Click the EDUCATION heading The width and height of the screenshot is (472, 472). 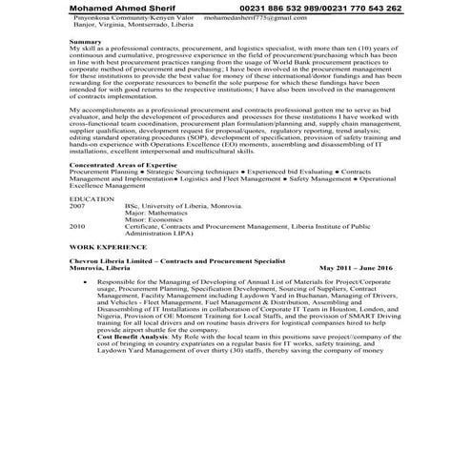click(92, 198)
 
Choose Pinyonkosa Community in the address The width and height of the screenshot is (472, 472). click(108, 18)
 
